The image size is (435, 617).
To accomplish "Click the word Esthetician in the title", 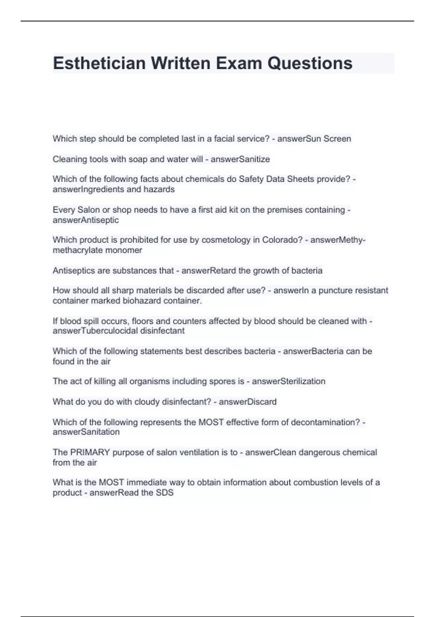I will point(99,63).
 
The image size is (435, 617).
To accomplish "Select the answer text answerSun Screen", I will point(314,139).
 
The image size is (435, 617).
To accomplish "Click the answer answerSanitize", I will point(240,159).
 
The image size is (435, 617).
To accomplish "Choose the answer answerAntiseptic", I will point(86,220).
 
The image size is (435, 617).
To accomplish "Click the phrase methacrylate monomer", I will point(97,250).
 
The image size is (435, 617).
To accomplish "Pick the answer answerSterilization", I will point(289,381).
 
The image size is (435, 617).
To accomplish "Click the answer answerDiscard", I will point(248,402).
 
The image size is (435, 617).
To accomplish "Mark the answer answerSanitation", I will point(86,432).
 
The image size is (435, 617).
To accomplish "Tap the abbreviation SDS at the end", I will point(165,493).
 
